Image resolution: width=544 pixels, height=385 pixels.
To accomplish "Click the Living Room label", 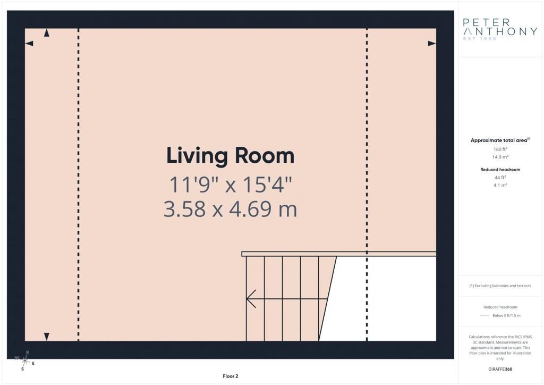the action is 231,155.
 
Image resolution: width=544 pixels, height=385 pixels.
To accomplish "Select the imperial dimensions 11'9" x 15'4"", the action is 231,185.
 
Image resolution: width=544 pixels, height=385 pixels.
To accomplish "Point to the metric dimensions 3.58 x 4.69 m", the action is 231,210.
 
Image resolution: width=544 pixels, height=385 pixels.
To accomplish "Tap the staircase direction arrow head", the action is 251,298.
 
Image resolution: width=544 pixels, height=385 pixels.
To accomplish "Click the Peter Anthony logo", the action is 500,29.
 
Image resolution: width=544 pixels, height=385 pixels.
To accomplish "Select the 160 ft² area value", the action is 500,149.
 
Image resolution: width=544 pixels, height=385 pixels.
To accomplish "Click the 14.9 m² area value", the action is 500,157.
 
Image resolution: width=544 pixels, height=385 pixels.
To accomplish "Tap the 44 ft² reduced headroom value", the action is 500,178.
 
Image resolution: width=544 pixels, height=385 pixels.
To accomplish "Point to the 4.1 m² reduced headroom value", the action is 500,185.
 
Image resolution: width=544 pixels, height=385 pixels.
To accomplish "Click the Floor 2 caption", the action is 231,376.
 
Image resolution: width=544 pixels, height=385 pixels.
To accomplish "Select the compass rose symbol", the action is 24,361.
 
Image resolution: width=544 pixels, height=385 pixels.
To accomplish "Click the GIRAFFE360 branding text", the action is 500,369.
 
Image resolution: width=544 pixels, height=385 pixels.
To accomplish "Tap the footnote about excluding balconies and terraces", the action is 500,286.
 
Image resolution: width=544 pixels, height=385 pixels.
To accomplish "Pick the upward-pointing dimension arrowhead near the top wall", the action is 47,33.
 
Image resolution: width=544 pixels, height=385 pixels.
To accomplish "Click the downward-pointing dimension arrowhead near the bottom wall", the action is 47,337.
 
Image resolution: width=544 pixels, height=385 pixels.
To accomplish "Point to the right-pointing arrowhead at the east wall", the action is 432,44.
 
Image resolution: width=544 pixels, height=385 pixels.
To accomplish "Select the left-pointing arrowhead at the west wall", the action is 29,44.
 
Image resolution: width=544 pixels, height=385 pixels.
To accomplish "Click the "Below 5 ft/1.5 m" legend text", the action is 506,315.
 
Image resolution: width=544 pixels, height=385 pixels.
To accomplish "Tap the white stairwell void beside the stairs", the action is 385,298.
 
